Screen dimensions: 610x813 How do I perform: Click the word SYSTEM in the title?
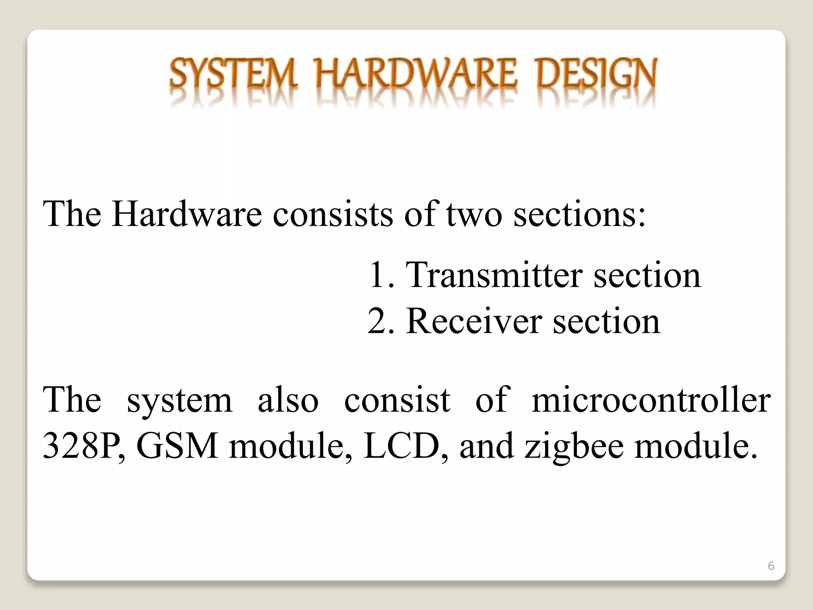(233, 74)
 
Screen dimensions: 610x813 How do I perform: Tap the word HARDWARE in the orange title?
(416, 74)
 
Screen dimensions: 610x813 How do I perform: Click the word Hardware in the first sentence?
(187, 214)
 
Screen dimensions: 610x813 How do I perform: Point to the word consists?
(332, 214)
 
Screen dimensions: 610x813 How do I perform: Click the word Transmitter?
(494, 275)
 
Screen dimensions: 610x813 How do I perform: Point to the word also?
(288, 400)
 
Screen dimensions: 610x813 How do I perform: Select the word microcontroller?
(651, 400)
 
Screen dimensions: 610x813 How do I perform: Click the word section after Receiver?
(607, 321)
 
